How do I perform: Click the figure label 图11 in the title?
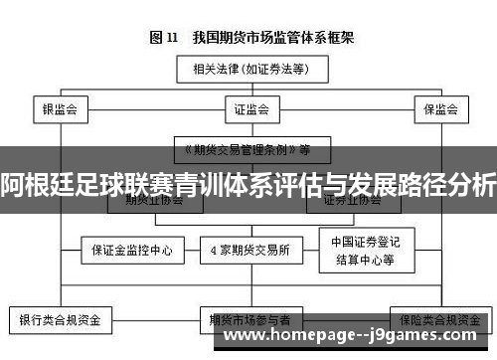click(163, 38)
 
